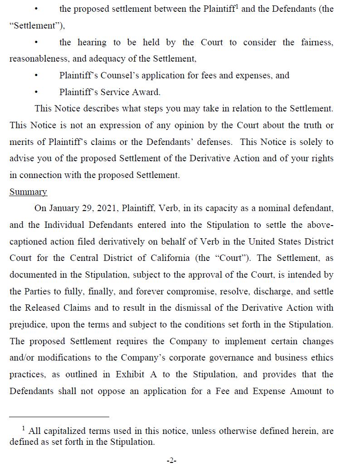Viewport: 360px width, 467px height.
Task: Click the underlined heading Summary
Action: pyautogui.click(x=28, y=192)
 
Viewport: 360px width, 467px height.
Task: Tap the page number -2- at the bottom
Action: pyautogui.click(x=171, y=461)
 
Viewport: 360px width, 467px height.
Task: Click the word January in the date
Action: pyautogui.click(x=63, y=208)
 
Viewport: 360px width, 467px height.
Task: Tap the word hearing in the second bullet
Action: pyautogui.click(x=92, y=43)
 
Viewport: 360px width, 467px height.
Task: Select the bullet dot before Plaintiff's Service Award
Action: pyautogui.click(x=36, y=92)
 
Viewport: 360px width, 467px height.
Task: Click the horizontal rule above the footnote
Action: pyautogui.click(x=59, y=417)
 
